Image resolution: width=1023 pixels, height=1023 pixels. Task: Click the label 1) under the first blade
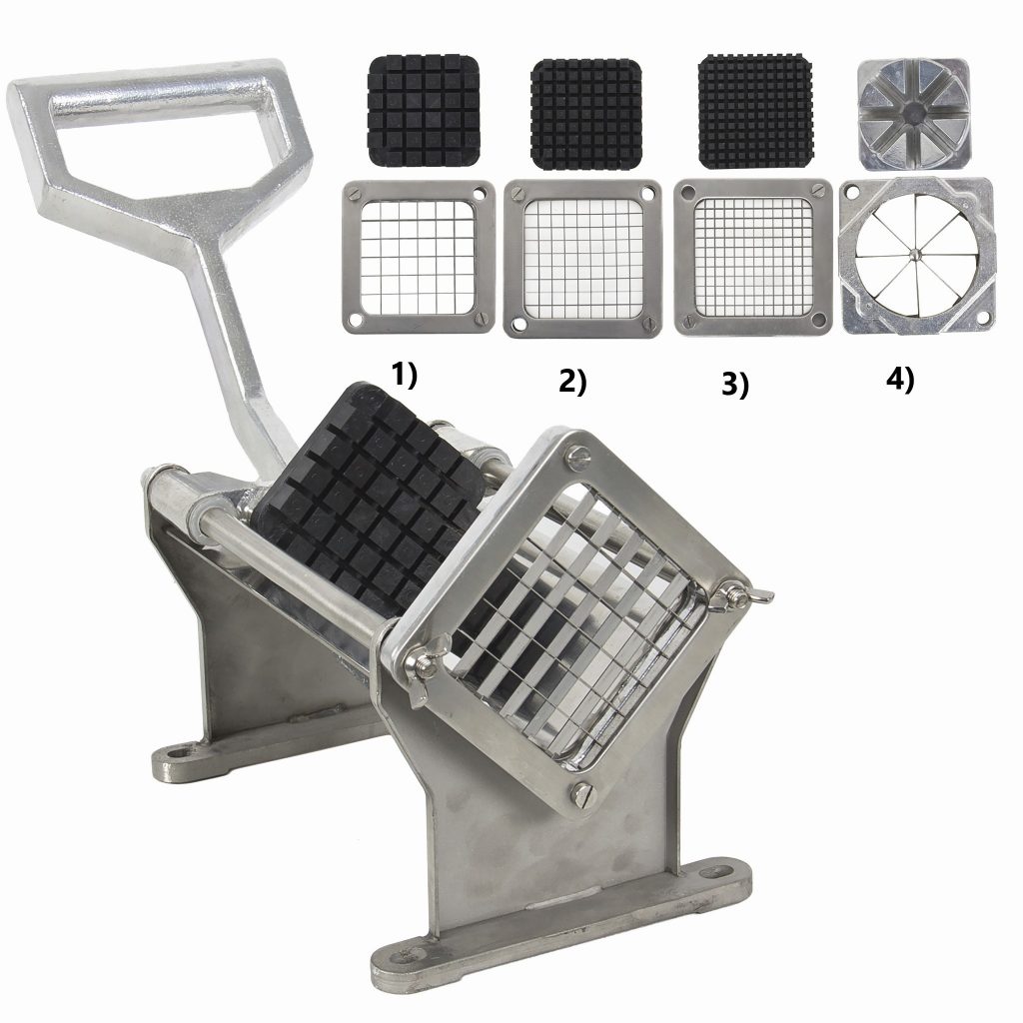click(404, 376)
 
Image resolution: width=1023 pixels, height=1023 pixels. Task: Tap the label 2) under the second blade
click(572, 382)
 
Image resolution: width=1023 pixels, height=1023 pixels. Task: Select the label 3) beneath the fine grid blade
click(735, 385)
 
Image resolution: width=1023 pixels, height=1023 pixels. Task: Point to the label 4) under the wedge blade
click(900, 380)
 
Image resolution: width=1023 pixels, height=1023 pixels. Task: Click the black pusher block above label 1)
click(424, 110)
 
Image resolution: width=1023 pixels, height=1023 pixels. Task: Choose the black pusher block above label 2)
click(585, 114)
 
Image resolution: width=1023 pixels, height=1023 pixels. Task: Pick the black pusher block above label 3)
click(755, 112)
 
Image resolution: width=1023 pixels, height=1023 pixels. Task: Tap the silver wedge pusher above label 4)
click(913, 115)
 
